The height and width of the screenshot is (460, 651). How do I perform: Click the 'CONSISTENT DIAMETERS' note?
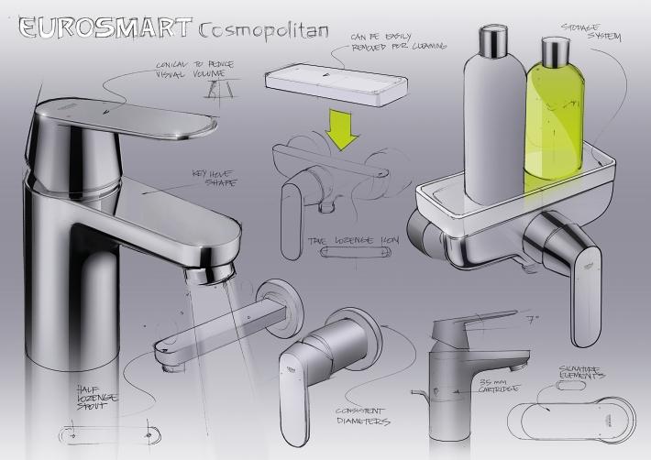pos(359,417)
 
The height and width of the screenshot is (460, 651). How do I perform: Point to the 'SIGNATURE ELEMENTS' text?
pos(582,372)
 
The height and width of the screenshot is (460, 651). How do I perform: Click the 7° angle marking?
pos(534,321)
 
